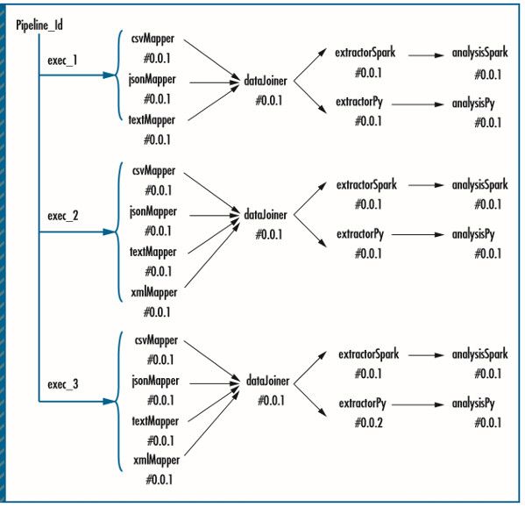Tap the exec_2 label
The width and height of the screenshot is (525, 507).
pyautogui.click(x=62, y=214)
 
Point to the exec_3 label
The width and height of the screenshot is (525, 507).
pyautogui.click(x=62, y=382)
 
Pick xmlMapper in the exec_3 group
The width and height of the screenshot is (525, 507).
pyautogui.click(x=155, y=461)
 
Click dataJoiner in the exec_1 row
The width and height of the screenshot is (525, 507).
pyautogui.click(x=268, y=83)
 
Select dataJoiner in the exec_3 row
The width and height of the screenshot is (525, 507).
pyautogui.click(x=268, y=382)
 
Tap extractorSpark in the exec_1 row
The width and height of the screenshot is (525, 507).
pyautogui.click(x=365, y=53)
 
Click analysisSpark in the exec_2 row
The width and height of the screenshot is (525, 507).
pyautogui.click(x=479, y=186)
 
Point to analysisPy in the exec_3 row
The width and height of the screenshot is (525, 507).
pyautogui.click(x=474, y=403)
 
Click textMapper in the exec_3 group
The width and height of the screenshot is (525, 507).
pyautogui.click(x=155, y=420)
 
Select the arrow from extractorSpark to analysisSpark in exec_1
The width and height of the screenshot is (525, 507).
pyautogui.click(x=425, y=54)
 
